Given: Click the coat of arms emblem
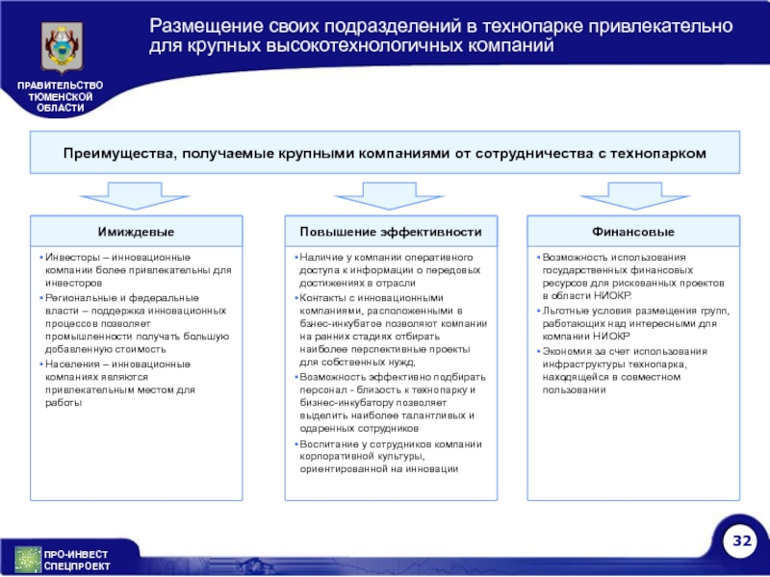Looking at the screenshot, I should [60, 48].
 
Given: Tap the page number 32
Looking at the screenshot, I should [741, 542].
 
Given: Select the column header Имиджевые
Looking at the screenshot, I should [136, 233].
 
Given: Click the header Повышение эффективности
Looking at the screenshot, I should [390, 233].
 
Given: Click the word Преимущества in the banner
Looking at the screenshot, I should [116, 154].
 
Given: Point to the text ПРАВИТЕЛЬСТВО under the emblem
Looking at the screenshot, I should [60, 88].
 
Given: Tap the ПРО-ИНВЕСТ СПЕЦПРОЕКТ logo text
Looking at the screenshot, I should [77, 560].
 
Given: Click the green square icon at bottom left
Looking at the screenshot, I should [28, 559].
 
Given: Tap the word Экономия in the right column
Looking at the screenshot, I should [567, 352].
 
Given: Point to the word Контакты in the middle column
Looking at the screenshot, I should [324, 298].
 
